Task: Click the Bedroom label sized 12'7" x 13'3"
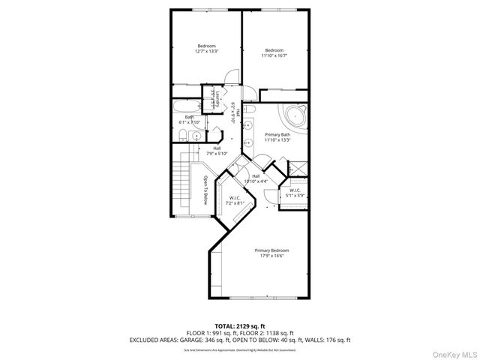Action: coord(206,49)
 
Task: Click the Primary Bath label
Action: coord(277,137)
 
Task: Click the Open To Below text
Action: coord(204,192)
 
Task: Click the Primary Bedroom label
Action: coord(271,253)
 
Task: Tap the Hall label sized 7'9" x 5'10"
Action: coord(217,151)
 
